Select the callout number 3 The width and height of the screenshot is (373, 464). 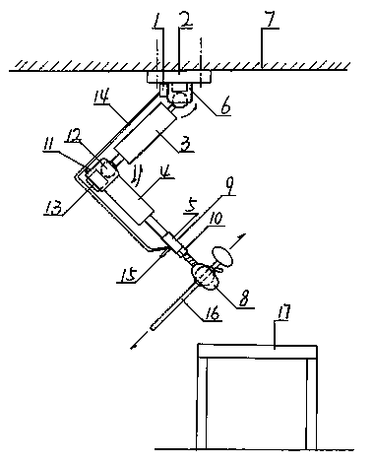pyautogui.click(x=186, y=144)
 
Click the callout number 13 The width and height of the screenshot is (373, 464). pyautogui.click(x=54, y=206)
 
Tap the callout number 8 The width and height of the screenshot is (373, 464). pyautogui.click(x=245, y=299)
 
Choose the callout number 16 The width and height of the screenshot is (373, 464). pyautogui.click(x=212, y=312)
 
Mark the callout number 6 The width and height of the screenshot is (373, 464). pyautogui.click(x=224, y=107)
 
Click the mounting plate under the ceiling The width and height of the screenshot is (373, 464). pyautogui.click(x=178, y=78)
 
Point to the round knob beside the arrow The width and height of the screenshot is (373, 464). pyautogui.click(x=222, y=255)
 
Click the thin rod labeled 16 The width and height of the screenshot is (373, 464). pyautogui.click(x=173, y=306)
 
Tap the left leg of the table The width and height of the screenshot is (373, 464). pyautogui.click(x=202, y=403)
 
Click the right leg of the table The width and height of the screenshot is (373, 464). pyautogui.click(x=312, y=404)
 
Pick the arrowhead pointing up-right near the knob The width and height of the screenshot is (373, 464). pyautogui.click(x=241, y=236)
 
